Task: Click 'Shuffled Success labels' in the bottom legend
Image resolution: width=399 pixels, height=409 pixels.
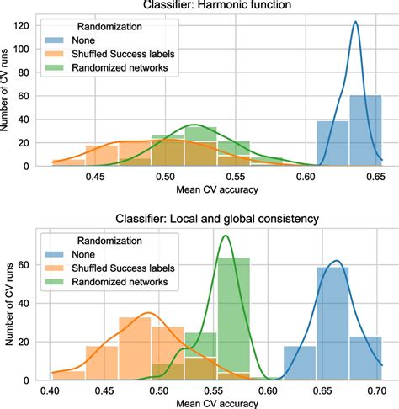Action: pos(123,267)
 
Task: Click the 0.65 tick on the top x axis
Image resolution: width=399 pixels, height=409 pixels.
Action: pos(375,178)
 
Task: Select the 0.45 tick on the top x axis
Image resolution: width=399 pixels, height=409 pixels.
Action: pos(95,178)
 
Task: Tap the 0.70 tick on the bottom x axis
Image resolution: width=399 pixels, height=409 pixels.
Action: pos(375,391)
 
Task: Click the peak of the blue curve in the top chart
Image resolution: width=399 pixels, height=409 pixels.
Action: pos(356,22)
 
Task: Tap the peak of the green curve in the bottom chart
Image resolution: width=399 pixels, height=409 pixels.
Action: pos(226,236)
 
